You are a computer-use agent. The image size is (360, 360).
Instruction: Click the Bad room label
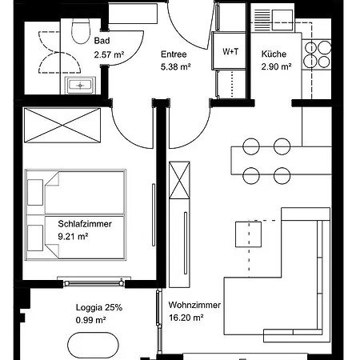pyautogui.click(x=102, y=41)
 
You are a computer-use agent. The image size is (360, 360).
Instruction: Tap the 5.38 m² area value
pyautogui.click(x=175, y=66)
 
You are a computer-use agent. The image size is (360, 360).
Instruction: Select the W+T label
pyautogui.click(x=230, y=51)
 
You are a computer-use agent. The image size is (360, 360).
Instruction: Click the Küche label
pyautogui.click(x=274, y=54)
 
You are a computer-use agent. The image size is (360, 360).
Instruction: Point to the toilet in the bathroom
pyautogui.click(x=81, y=31)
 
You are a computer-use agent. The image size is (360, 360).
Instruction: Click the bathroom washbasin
pyautogui.click(x=80, y=86)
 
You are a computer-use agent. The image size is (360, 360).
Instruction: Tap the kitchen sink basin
pyautogui.click(x=282, y=20)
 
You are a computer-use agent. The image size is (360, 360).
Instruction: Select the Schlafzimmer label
pyautogui.click(x=85, y=224)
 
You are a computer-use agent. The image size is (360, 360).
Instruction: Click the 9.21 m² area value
pyautogui.click(x=73, y=237)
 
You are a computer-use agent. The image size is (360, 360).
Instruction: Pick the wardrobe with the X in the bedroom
pyautogui.click(x=62, y=125)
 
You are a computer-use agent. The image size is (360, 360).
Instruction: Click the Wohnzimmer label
pyautogui.click(x=194, y=305)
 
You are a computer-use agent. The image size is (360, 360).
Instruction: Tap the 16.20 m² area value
pyautogui.click(x=186, y=318)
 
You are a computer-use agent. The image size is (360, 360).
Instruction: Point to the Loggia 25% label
pyautogui.click(x=99, y=307)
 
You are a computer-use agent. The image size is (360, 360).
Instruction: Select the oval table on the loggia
pyautogui.click(x=93, y=346)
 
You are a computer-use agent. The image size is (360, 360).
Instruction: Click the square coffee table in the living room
pyautogui.click(x=248, y=234)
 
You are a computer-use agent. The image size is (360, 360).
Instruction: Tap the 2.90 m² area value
pyautogui.click(x=276, y=66)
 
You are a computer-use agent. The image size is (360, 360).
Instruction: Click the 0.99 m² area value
pyautogui.click(x=91, y=320)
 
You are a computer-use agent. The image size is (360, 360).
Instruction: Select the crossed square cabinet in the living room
pyautogui.click(x=179, y=180)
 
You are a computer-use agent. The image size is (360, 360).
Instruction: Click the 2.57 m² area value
pyautogui.click(x=109, y=54)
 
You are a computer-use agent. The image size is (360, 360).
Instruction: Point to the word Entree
pyautogui.click(x=174, y=54)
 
